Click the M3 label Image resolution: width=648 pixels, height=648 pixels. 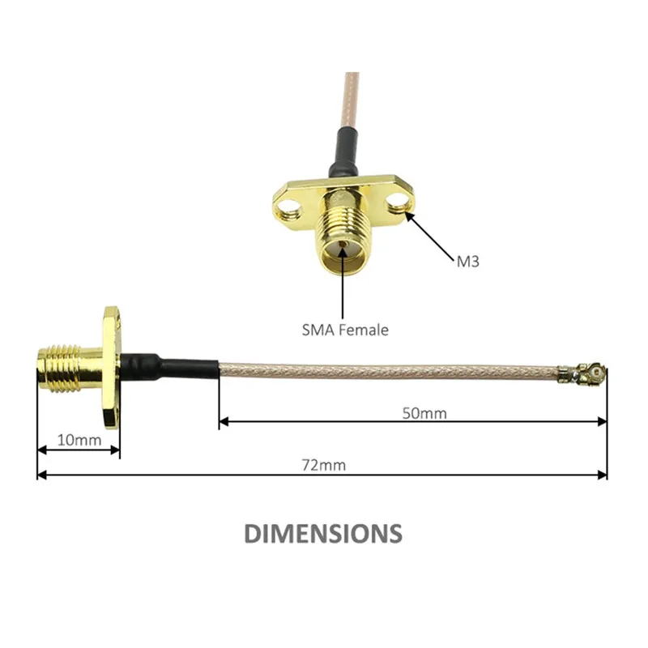point(468,261)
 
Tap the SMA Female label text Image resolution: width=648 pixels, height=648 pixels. point(345,330)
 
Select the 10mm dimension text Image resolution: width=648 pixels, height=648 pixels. point(79,440)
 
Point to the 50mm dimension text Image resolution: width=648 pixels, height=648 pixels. point(424,413)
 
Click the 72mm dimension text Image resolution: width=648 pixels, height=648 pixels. point(323,465)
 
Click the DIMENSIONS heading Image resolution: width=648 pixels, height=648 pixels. point(323,533)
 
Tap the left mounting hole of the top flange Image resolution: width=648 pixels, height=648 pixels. point(287,208)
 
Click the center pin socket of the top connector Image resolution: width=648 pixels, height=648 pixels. point(343,245)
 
